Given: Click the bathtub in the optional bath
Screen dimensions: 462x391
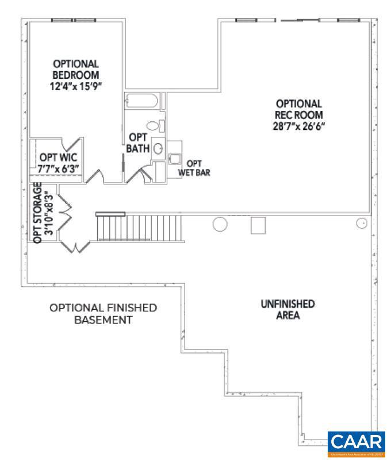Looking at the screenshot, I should click(141, 101).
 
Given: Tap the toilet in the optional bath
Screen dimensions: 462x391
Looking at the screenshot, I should click(154, 125).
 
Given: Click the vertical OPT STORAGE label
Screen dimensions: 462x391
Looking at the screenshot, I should click(38, 213).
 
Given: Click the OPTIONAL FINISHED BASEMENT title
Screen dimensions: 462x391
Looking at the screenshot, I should click(103, 314).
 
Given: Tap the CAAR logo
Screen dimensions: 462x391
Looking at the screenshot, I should click(356, 444).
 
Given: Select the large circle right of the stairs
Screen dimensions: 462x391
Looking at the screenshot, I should click(220, 224).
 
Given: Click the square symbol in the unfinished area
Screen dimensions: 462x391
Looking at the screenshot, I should click(257, 225).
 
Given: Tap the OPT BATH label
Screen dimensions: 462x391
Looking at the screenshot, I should click(138, 143).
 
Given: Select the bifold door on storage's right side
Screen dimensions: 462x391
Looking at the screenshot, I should click(63, 213).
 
